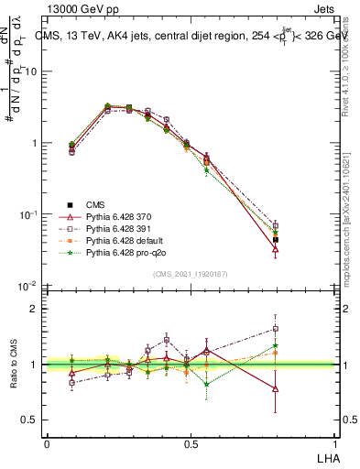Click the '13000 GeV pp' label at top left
[81, 9]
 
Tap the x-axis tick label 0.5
[190, 444]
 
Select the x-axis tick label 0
[47, 444]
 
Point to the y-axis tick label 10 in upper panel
[32, 71]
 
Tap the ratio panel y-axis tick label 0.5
[32, 420]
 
